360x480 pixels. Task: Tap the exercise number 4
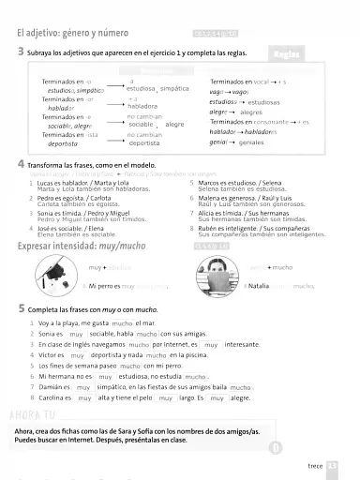click(21, 163)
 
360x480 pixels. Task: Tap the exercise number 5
click(21, 307)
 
